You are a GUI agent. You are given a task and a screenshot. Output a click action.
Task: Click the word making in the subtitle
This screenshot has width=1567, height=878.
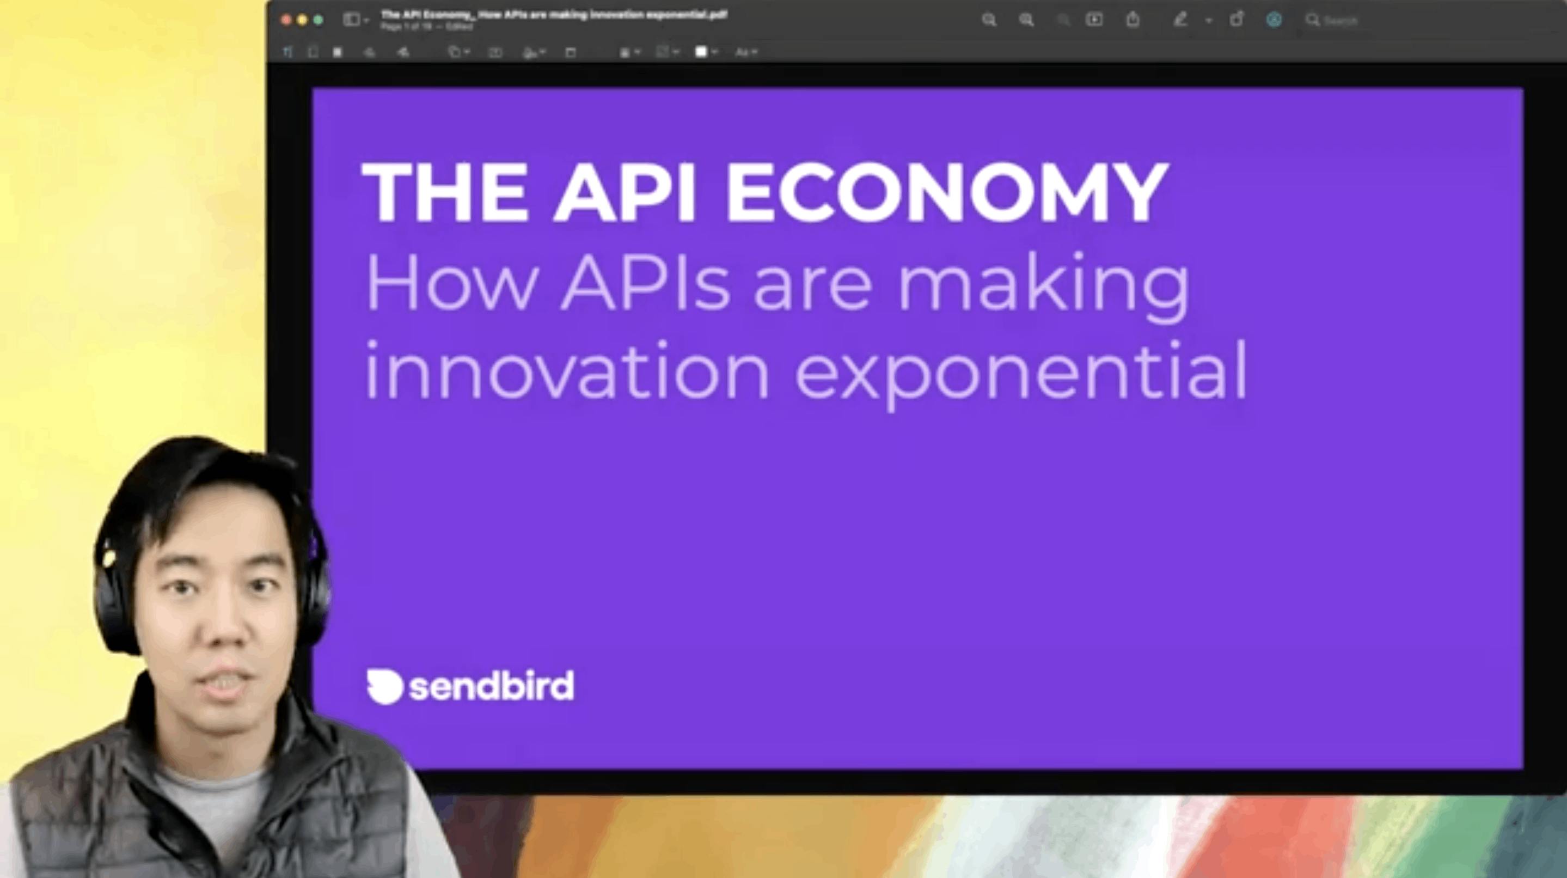click(1043, 286)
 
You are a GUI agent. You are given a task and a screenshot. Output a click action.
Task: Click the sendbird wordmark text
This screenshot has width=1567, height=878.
click(492, 686)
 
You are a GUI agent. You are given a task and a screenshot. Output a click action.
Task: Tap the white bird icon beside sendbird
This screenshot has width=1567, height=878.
click(384, 686)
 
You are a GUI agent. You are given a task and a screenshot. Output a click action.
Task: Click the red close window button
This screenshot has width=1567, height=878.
click(286, 20)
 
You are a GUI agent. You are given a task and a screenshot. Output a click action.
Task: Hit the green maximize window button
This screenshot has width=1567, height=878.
click(318, 20)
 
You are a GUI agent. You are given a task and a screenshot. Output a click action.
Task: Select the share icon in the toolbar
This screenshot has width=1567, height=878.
click(1132, 20)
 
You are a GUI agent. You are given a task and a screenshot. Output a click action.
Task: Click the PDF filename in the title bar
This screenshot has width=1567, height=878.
click(554, 15)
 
